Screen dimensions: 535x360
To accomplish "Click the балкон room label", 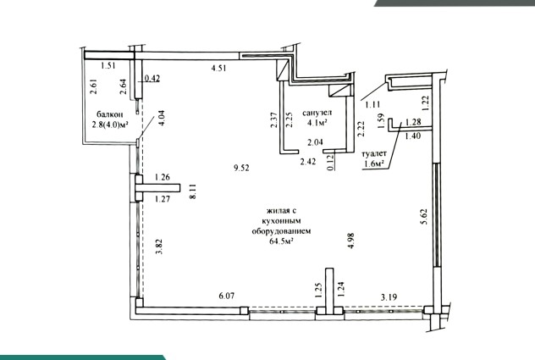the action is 109,114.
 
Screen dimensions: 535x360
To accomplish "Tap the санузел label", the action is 317,113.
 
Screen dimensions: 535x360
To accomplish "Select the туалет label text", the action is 374,154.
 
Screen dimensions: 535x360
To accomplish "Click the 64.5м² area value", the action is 282,241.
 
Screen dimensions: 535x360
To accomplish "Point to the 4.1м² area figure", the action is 317,122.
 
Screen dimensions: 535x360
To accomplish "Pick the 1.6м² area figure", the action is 375,163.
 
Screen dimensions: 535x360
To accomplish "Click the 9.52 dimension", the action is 241,168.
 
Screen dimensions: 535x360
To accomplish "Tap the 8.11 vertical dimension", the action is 193,191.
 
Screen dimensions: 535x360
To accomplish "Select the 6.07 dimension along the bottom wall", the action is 227,296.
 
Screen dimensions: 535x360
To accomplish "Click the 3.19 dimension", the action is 389,296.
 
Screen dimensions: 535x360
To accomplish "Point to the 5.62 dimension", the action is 424,217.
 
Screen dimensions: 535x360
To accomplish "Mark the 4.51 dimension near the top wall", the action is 218,68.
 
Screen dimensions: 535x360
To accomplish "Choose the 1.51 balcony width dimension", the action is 108,65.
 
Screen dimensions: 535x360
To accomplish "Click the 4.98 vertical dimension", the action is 350,241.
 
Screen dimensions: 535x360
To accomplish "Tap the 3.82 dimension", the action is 158,246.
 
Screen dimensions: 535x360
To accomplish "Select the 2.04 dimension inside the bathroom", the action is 315,142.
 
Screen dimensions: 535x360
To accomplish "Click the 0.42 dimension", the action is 152,79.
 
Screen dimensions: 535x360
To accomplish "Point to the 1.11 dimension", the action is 372,104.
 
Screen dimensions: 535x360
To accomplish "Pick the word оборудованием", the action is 282,231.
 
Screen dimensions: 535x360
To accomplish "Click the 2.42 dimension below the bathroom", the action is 308,162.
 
